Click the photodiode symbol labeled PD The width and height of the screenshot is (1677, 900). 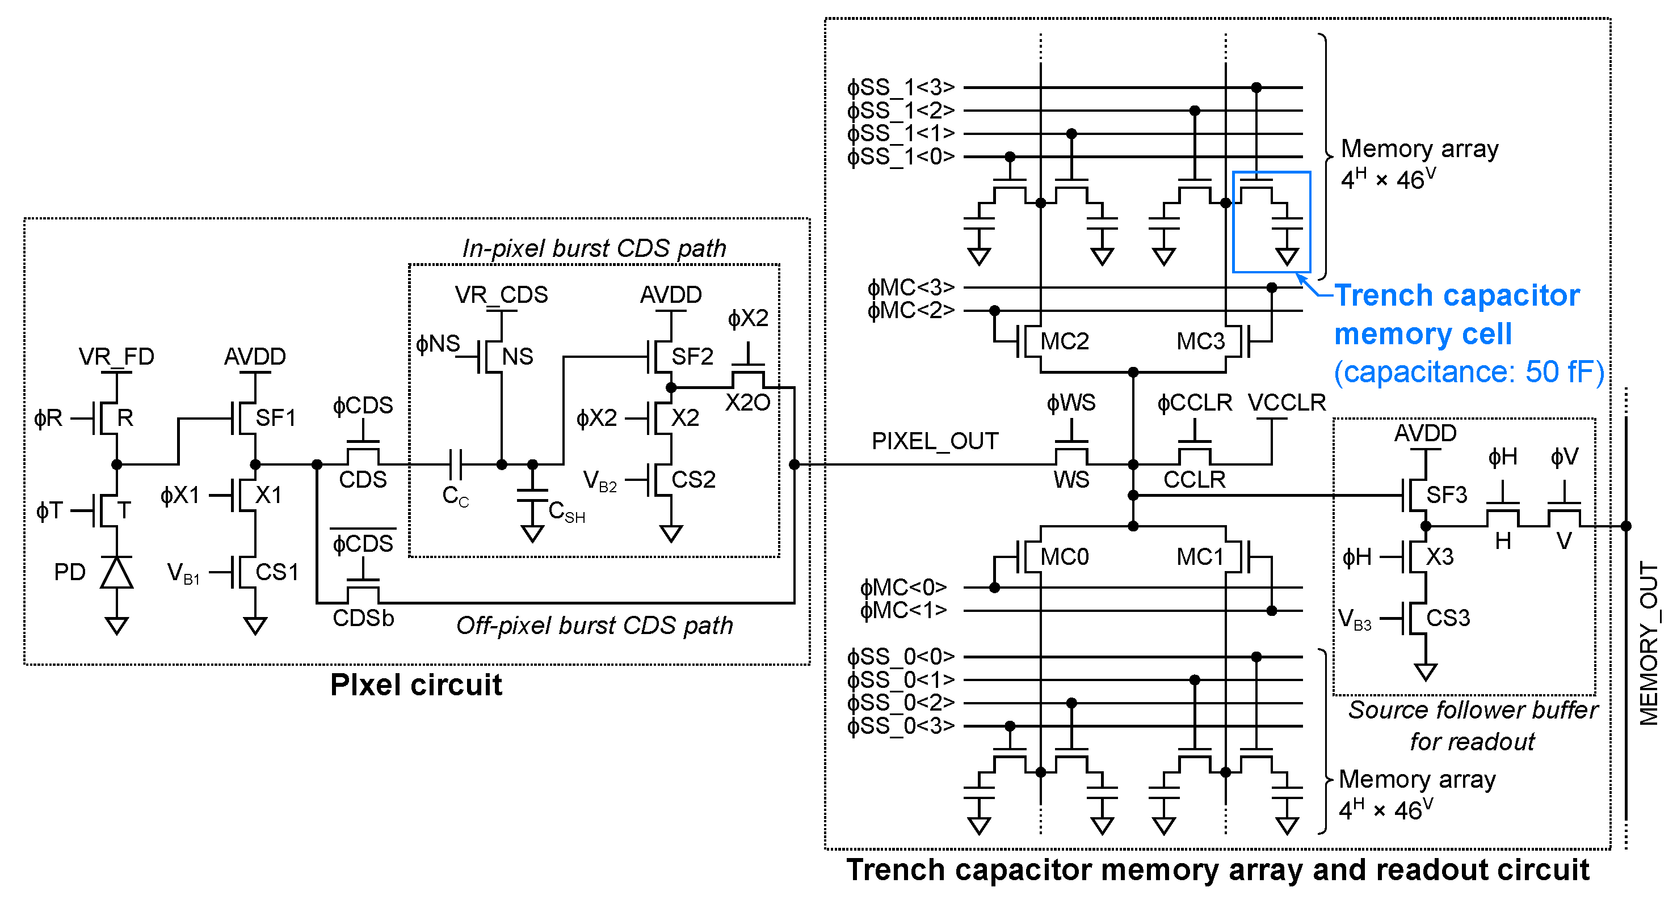click(116, 573)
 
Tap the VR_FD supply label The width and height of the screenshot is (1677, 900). click(116, 357)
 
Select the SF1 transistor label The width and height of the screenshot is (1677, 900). click(275, 418)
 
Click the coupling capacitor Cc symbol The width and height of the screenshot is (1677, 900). click(455, 464)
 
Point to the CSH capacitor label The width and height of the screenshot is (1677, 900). click(566, 512)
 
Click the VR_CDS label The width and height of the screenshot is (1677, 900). click(501, 295)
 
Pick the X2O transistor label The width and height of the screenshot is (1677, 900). click(748, 403)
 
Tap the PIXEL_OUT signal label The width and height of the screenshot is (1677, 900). click(935, 441)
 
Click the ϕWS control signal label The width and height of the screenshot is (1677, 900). click(1071, 403)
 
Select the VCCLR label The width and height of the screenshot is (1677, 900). click(1287, 403)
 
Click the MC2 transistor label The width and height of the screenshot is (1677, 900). click(1065, 341)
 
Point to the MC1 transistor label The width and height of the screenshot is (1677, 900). click(1200, 557)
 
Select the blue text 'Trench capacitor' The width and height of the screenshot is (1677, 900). click(1457, 295)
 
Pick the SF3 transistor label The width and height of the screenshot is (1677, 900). click(1447, 495)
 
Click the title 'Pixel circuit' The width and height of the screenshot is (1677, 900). click(416, 685)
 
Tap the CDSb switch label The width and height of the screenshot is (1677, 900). click(363, 618)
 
